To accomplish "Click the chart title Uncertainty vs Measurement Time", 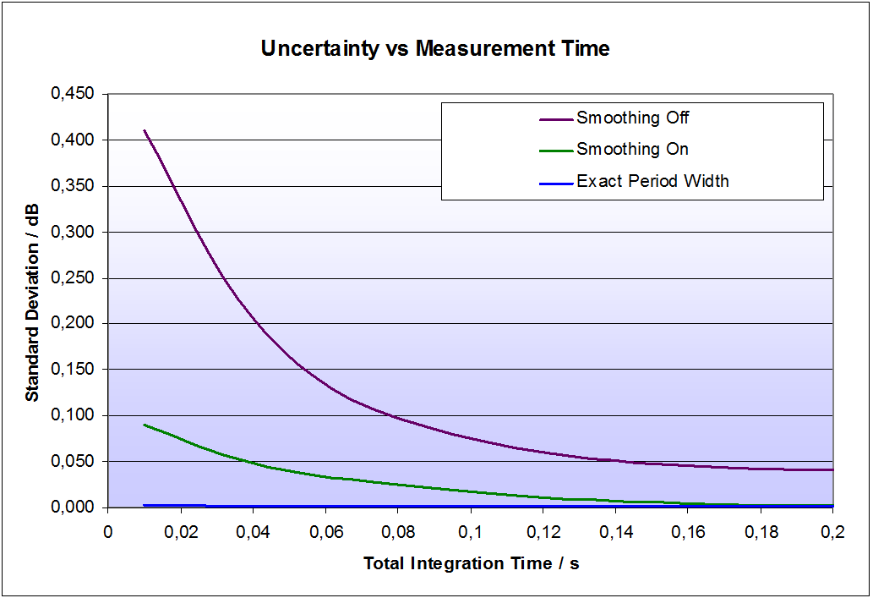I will pyautogui.click(x=435, y=49).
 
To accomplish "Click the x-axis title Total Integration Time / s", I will pyautogui.click(x=472, y=563).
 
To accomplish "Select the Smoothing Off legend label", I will pyautogui.click(x=633, y=118).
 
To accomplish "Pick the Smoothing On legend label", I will pyautogui.click(x=632, y=150).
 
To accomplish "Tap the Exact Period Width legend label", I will pyautogui.click(x=652, y=181).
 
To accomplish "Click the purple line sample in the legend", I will pyautogui.click(x=555, y=118).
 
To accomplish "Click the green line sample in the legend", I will pyautogui.click(x=555, y=151).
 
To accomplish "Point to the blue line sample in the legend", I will pyautogui.click(x=555, y=182).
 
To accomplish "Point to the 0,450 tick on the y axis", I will pyautogui.click(x=74, y=94).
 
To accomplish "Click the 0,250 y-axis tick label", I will pyautogui.click(x=74, y=277).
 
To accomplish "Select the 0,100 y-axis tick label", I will pyautogui.click(x=74, y=415).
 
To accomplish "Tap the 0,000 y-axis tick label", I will pyautogui.click(x=74, y=507).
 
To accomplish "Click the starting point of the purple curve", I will pyautogui.click(x=145, y=130).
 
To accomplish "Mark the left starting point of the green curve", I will pyautogui.click(x=145, y=425).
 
